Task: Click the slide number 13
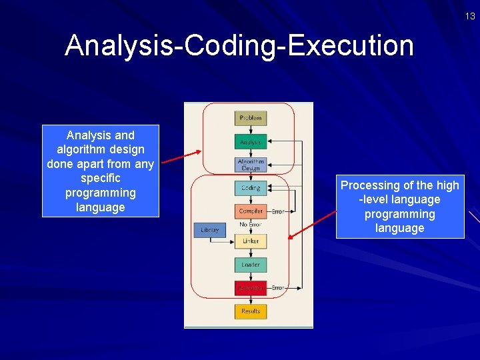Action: coord(471,17)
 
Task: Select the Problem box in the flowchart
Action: coord(251,118)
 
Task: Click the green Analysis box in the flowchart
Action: coord(251,142)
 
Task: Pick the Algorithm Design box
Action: coord(251,165)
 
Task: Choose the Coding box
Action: coord(251,188)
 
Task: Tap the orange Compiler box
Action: coord(251,211)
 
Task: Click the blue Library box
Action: coord(209,230)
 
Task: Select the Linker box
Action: coord(251,241)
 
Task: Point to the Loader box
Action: coord(251,265)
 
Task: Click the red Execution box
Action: coord(251,288)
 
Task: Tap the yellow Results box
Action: coord(251,311)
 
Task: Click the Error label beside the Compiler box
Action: coord(278,211)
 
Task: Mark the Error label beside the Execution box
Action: coord(278,288)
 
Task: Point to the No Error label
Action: coord(251,225)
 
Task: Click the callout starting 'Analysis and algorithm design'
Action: coord(101,171)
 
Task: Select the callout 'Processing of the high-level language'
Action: coord(400,207)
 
